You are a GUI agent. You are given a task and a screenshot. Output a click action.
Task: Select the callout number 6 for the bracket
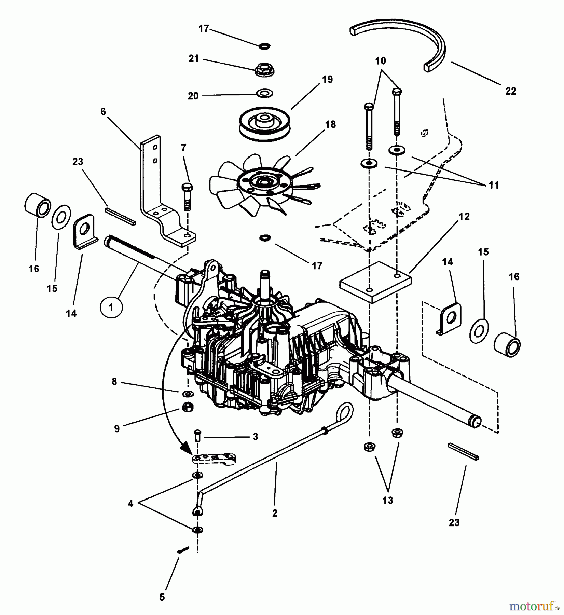[103, 111]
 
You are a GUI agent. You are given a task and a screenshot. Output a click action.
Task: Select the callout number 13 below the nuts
[388, 501]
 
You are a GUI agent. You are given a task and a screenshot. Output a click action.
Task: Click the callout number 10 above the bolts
[381, 61]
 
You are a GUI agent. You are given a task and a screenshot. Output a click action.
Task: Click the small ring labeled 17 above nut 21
[263, 45]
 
